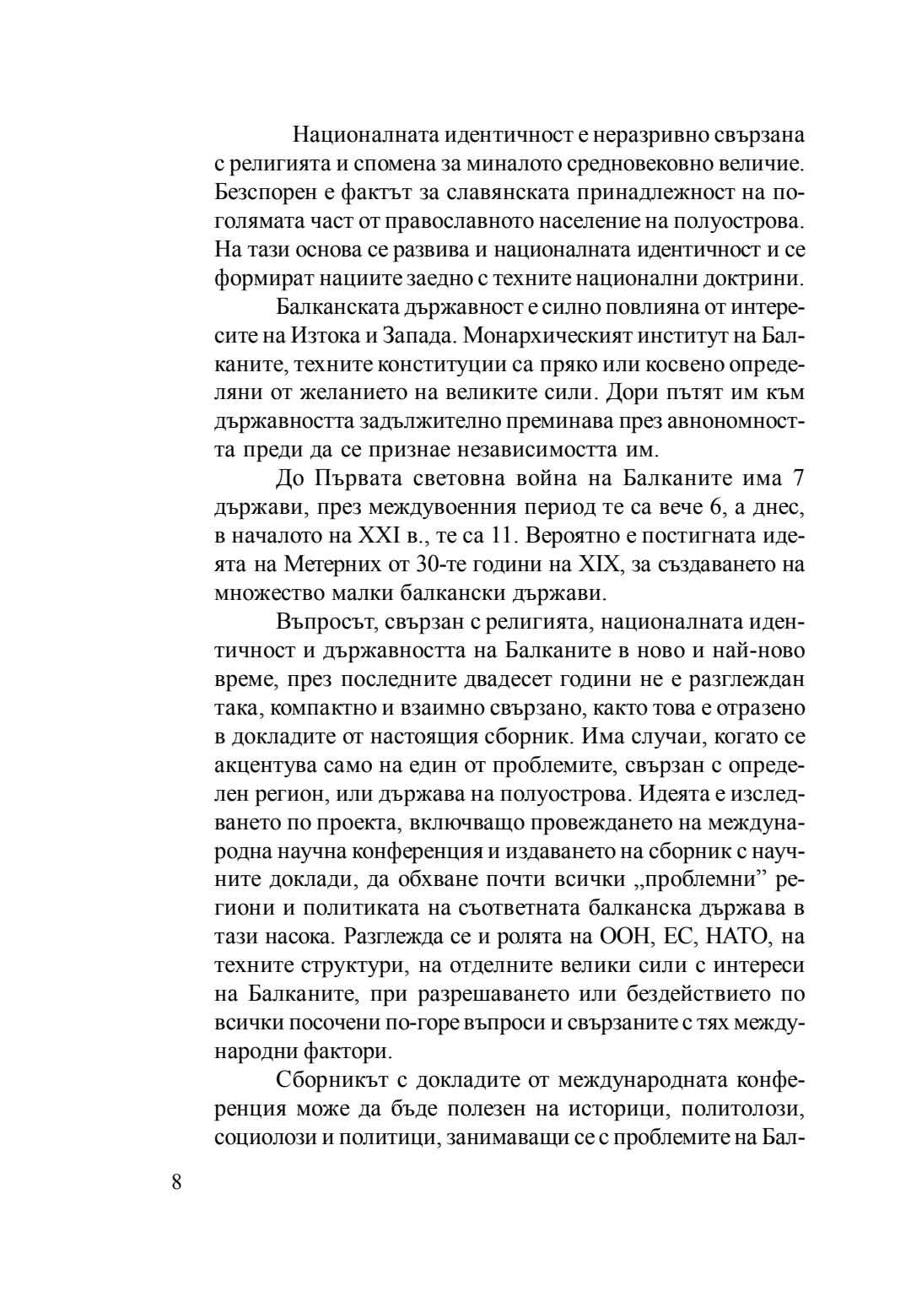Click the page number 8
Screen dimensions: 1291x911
[175, 1181]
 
